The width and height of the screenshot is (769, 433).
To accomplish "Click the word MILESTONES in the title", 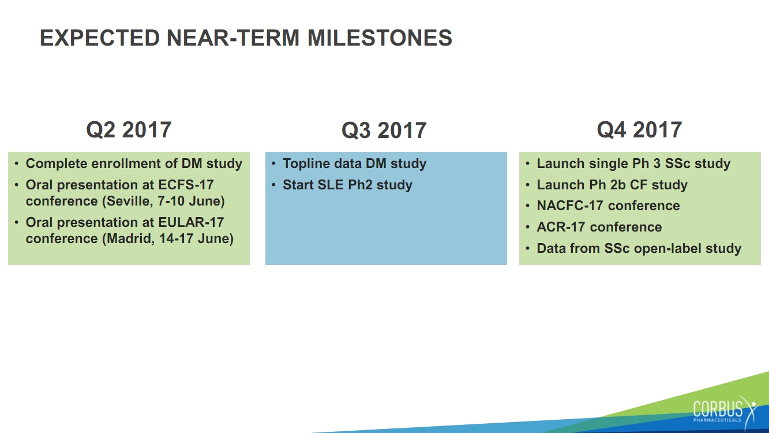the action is coord(380,38).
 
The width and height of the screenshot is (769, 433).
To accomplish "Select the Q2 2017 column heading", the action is coord(129,130).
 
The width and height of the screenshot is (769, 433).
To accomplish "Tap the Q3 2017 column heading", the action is coord(384,130).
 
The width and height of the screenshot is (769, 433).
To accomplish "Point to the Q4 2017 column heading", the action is coord(639,130).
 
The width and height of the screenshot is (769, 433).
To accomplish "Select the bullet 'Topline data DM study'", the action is coord(354,163).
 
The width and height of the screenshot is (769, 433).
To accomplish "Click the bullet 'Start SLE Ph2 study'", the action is coord(347,185).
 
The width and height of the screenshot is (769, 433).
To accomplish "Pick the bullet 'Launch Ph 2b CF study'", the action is coord(612,185).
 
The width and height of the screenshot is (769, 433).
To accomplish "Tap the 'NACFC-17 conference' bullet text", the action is coord(608,206).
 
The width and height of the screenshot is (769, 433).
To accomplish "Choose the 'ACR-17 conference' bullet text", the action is coord(599,227).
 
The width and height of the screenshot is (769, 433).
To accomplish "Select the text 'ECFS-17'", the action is coord(186,185).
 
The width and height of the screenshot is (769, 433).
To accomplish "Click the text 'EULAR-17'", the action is coord(191,222).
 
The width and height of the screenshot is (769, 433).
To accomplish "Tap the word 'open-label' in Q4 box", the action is coord(667,248).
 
